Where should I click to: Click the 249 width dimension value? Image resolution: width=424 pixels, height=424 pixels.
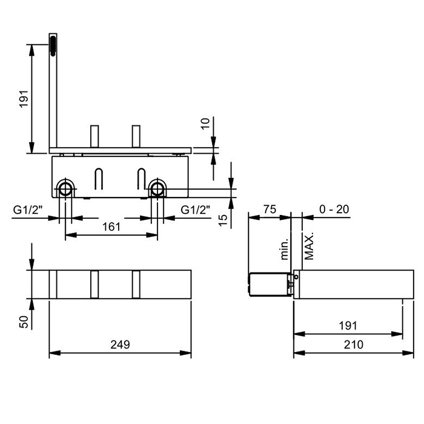(120, 345)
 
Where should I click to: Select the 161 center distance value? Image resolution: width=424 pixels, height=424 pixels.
(111, 227)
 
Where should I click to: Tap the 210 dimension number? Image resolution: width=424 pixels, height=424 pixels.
(353, 345)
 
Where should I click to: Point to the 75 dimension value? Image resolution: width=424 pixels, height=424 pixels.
(270, 209)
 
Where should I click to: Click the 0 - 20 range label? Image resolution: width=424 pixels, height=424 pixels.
(334, 209)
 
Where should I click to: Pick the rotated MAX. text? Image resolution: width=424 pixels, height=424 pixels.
(309, 246)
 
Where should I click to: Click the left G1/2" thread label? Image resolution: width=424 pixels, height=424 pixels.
(28, 210)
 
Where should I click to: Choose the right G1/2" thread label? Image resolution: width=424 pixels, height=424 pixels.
(195, 210)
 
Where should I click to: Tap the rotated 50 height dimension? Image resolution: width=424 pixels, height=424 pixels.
(24, 322)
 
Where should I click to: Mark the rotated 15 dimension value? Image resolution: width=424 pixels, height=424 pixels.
(223, 220)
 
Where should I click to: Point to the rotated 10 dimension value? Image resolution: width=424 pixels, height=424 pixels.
(205, 124)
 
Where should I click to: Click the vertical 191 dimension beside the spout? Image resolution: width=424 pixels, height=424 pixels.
(24, 99)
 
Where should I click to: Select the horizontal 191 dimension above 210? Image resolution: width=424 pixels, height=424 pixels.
(348, 326)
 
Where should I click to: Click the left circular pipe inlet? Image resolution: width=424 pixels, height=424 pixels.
(65, 189)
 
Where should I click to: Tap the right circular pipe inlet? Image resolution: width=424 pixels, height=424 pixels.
(157, 189)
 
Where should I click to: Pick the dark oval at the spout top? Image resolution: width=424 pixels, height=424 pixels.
(53, 46)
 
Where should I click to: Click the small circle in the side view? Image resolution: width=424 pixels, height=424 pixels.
(296, 277)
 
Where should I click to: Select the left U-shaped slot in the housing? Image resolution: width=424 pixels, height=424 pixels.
(99, 179)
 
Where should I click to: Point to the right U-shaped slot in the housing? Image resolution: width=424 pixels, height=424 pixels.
(141, 179)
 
